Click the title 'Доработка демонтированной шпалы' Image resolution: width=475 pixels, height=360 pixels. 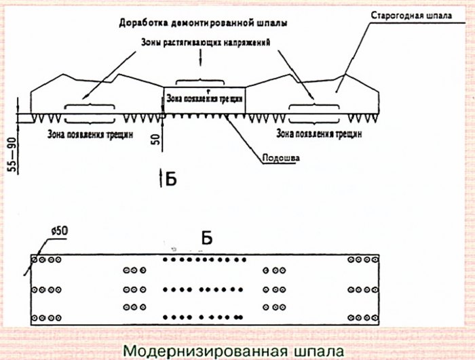coord(202,22)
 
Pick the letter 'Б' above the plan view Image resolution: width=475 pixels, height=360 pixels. coord(208,238)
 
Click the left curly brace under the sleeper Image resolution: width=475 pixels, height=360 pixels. coord(89,106)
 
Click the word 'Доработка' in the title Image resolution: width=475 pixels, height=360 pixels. coord(142,22)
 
